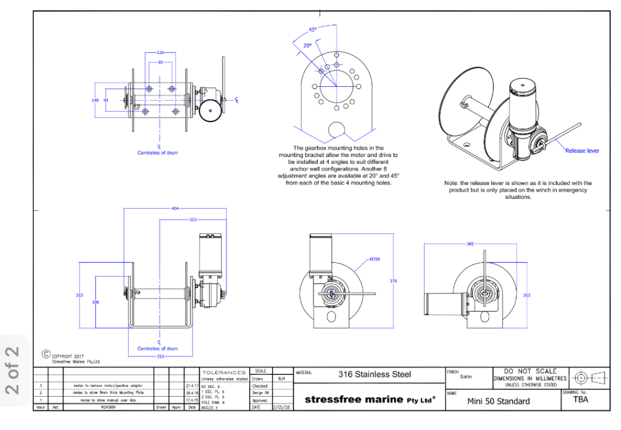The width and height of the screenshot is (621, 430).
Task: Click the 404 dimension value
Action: click(175, 209)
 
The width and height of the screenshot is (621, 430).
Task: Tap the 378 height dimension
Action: click(393, 281)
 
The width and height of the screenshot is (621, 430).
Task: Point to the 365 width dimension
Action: click(470, 244)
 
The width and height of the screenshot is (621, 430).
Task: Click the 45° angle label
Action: click(313, 29)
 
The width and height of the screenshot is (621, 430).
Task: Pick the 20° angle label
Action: click(307, 45)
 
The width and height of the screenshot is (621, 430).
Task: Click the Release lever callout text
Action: click(582, 151)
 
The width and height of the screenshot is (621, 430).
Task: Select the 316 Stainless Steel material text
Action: click(374, 375)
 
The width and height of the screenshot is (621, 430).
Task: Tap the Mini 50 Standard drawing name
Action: click(498, 401)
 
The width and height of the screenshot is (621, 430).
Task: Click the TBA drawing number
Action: click(580, 399)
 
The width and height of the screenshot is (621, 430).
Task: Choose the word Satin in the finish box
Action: click(466, 377)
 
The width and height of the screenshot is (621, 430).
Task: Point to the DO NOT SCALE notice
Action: click(530, 371)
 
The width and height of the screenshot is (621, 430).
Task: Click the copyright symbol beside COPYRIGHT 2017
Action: click(45, 354)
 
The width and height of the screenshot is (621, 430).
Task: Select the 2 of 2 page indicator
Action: click(13, 370)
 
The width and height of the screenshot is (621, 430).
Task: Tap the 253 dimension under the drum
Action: click(160, 357)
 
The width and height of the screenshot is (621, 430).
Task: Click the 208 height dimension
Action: click(96, 301)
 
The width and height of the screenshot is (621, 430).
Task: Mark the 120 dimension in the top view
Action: click(161, 53)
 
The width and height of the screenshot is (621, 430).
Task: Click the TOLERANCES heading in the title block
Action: click(224, 372)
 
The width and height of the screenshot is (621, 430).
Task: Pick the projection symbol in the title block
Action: click(589, 377)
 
